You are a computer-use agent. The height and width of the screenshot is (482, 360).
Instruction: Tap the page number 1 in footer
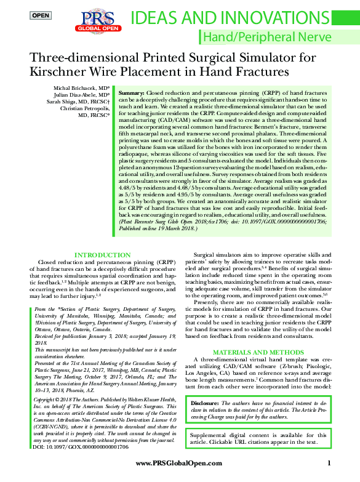coord(329,462)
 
